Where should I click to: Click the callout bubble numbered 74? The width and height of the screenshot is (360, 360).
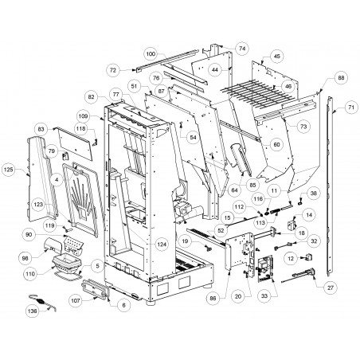click(x=242, y=49)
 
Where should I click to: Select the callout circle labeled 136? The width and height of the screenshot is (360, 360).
click(x=33, y=311)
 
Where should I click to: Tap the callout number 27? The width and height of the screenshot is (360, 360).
click(x=331, y=288)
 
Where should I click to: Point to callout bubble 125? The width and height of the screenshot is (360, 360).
click(x=9, y=169)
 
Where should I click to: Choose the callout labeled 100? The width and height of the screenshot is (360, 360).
click(x=151, y=54)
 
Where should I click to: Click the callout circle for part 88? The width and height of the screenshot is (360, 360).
click(x=341, y=78)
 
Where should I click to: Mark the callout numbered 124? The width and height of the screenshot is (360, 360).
click(x=162, y=245)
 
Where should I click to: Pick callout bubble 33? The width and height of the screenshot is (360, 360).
click(x=264, y=295)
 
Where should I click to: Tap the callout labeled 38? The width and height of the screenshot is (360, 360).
click(x=314, y=193)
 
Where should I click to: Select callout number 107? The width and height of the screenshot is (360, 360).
click(x=76, y=301)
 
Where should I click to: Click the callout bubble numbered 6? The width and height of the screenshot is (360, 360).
click(x=123, y=305)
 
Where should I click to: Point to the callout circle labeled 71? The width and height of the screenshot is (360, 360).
click(x=351, y=108)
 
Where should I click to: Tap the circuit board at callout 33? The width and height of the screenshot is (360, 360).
click(x=264, y=269)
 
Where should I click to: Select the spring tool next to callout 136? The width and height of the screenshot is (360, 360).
click(x=42, y=302)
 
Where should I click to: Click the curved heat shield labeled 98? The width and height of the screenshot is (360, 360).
click(x=53, y=245)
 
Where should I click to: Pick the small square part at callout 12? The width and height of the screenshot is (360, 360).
click(x=309, y=257)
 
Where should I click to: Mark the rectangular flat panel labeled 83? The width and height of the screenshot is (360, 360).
click(x=75, y=143)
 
